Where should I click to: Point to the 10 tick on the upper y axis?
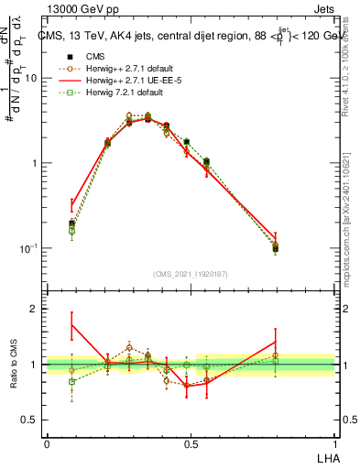(x=32, y=78)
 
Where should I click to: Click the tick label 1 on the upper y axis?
(x=36, y=163)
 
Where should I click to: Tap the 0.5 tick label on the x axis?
(x=191, y=443)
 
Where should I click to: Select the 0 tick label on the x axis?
(x=47, y=443)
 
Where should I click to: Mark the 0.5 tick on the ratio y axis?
(x=32, y=420)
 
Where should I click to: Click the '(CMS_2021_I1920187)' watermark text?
(x=191, y=274)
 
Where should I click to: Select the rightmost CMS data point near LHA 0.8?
(x=276, y=248)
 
